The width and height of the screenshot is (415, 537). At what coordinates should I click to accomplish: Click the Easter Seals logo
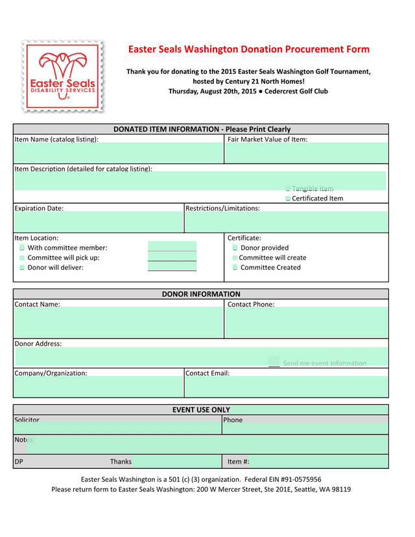click(62, 77)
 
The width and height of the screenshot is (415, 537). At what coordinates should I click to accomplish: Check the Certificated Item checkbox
click(288, 198)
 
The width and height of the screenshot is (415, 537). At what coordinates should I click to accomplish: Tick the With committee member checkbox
click(22, 248)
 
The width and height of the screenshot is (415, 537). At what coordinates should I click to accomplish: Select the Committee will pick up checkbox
click(22, 257)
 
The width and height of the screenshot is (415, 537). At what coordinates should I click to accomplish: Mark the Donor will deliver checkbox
click(22, 267)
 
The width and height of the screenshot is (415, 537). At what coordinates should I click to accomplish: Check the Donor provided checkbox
click(235, 248)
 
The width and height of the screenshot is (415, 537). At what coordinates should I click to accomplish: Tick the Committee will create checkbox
click(235, 257)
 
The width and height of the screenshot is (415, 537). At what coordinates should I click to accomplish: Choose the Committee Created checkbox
click(235, 267)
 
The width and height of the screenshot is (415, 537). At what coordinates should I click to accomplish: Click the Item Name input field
click(118, 154)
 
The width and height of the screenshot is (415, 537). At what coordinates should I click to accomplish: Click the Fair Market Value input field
click(306, 154)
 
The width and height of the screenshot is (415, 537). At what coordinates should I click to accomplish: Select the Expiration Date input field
click(99, 222)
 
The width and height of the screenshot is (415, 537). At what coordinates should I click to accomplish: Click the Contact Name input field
click(118, 322)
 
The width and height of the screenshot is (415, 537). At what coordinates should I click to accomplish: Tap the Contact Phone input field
click(306, 322)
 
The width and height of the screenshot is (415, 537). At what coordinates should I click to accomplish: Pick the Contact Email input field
click(286, 387)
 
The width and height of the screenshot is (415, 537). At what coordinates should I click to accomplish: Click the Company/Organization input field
click(99, 387)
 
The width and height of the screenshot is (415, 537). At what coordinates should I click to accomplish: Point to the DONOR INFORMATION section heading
click(201, 294)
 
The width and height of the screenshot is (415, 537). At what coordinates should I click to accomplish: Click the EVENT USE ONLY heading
click(201, 410)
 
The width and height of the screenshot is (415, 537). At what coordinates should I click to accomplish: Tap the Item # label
click(238, 462)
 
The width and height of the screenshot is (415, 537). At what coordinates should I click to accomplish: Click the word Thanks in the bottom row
click(121, 462)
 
